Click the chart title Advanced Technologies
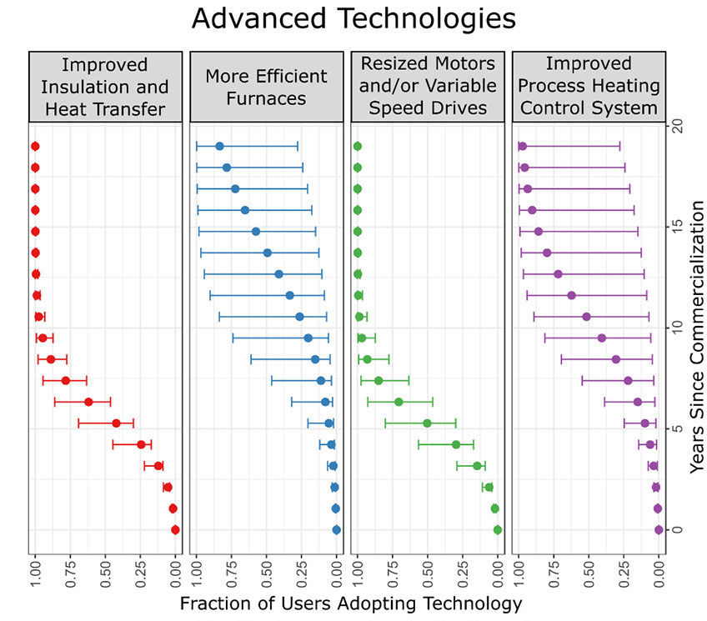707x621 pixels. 353,18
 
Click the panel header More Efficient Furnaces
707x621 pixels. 267,87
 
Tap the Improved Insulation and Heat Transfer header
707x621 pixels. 105,87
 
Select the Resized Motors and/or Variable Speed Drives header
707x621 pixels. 429,87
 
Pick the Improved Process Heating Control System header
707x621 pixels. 590,87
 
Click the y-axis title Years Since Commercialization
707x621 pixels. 697,337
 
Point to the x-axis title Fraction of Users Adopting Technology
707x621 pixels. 350,603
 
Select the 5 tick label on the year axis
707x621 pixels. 679,428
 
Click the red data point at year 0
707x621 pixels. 175,529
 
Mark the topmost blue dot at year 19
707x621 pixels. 219,146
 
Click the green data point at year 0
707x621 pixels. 498,529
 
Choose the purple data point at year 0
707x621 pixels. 659,529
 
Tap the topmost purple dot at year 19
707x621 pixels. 522,146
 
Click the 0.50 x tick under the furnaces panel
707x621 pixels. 267,574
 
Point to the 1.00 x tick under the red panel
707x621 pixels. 35,574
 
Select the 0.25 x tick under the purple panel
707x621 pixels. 624,574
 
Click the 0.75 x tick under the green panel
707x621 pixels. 393,574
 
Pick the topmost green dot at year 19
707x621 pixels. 357,146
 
